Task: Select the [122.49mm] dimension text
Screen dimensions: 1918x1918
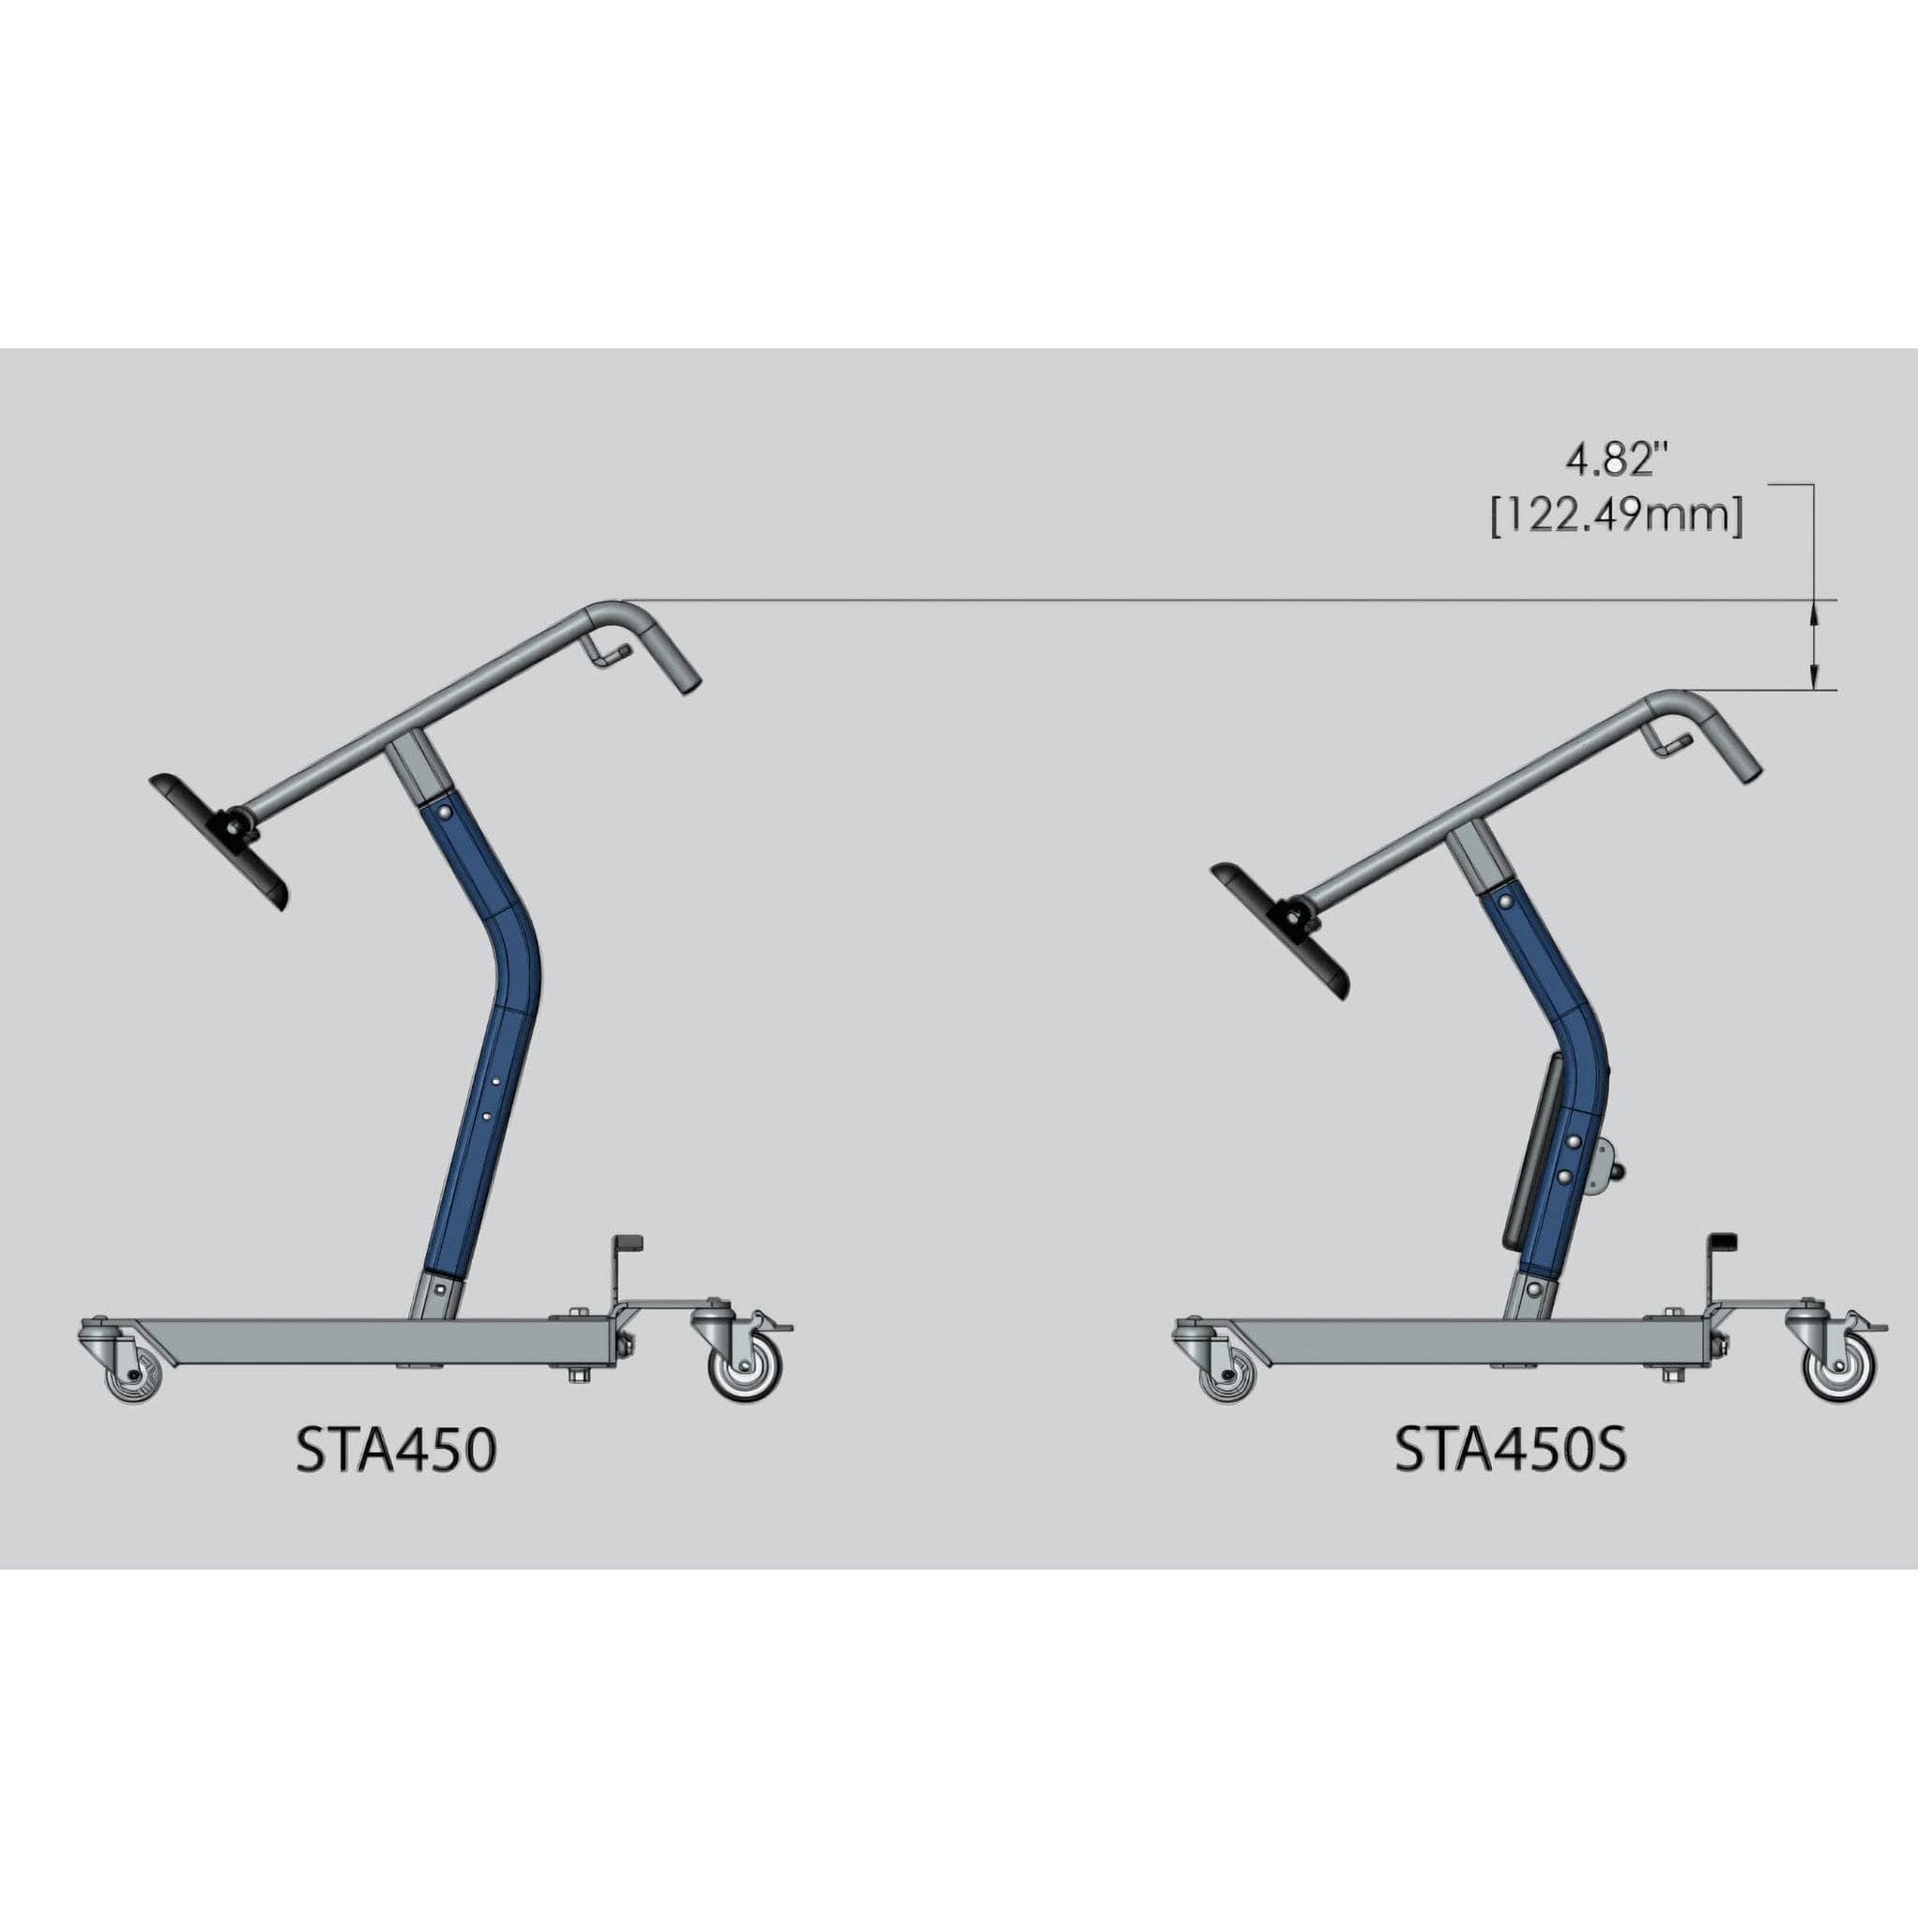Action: point(1616,517)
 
